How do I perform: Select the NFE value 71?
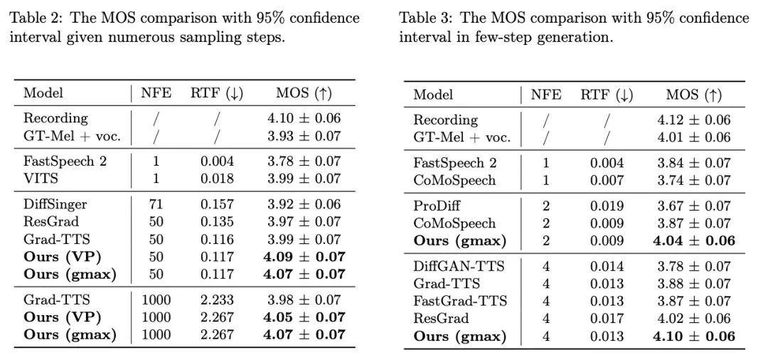pos(156,205)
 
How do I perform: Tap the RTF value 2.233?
pos(217,300)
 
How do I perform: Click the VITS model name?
pos(41,179)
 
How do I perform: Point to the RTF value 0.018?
pos(217,179)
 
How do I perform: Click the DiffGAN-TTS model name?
pos(459,267)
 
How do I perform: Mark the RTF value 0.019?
pos(607,206)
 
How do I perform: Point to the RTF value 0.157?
pos(217,205)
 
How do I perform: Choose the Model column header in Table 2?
pos(43,93)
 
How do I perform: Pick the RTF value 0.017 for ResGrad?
pos(607,318)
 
